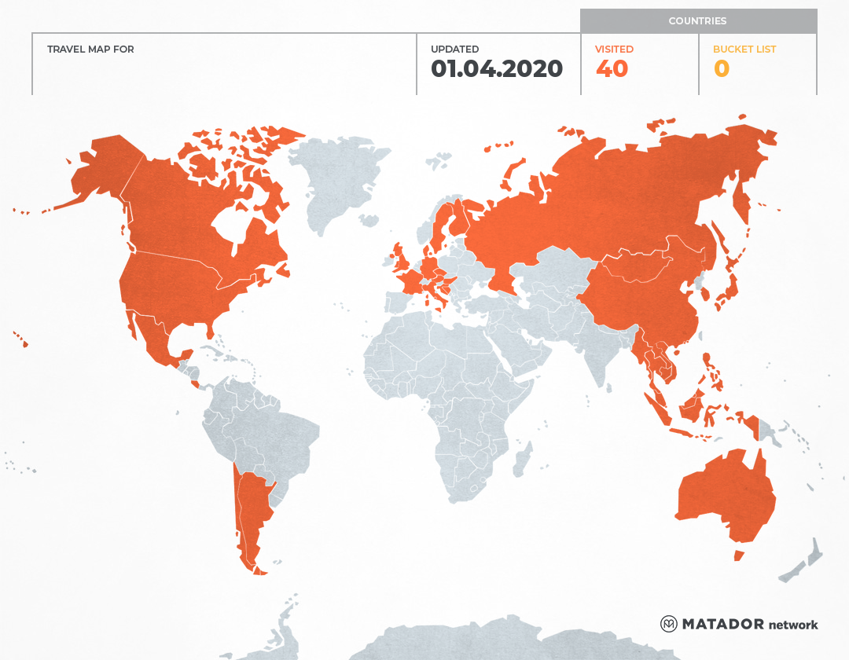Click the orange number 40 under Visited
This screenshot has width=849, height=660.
pyautogui.click(x=612, y=69)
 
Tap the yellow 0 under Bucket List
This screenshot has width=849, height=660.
pyautogui.click(x=721, y=69)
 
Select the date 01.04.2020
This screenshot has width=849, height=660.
pyautogui.click(x=497, y=69)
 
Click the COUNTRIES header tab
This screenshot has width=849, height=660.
pyautogui.click(x=697, y=21)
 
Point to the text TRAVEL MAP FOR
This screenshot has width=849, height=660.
pyautogui.click(x=90, y=49)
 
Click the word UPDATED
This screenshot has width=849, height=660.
pyautogui.click(x=454, y=49)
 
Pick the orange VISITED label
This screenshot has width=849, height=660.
pyautogui.click(x=614, y=49)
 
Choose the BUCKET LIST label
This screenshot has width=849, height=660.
pyautogui.click(x=744, y=49)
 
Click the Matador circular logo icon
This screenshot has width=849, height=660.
pyautogui.click(x=668, y=624)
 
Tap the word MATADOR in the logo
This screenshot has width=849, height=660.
pyautogui.click(x=722, y=624)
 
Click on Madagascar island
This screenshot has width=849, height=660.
pyautogui.click(x=522, y=460)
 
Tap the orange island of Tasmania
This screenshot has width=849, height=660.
pyautogui.click(x=738, y=555)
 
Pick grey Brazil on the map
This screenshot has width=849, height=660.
pyautogui.click(x=283, y=436)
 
